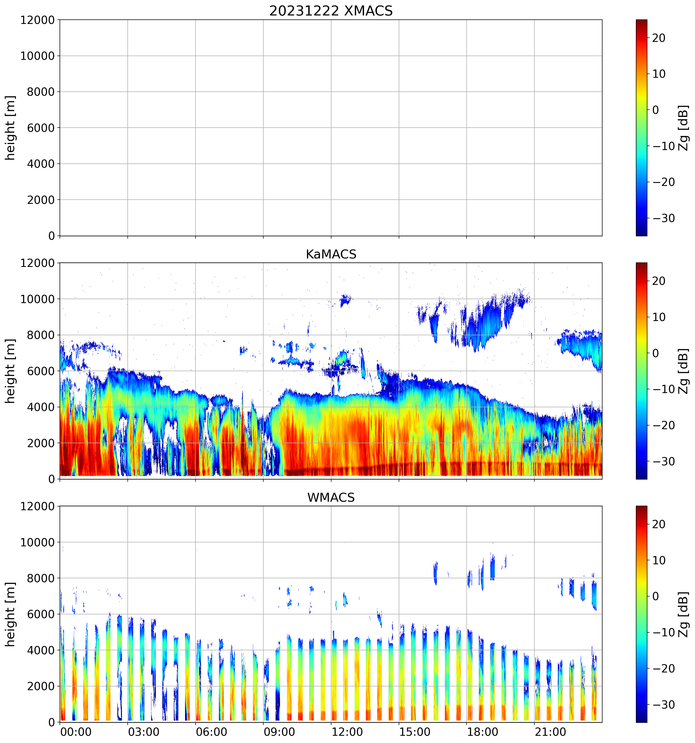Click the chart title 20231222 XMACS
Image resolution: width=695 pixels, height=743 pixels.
(331, 10)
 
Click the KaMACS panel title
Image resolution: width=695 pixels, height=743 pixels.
(331, 254)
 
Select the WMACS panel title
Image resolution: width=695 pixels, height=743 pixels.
(331, 497)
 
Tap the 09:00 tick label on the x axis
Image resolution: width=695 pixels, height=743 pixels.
(279, 732)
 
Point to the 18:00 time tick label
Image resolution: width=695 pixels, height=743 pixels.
(482, 732)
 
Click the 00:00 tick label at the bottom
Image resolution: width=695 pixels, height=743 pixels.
(76, 732)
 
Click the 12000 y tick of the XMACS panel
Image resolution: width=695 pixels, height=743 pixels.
(37, 20)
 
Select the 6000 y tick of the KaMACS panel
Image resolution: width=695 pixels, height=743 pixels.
(41, 371)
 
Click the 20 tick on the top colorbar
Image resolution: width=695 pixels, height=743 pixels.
(659, 38)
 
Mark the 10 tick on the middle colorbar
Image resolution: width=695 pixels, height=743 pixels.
(659, 317)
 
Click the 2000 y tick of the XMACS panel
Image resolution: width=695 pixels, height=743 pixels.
(41, 200)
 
